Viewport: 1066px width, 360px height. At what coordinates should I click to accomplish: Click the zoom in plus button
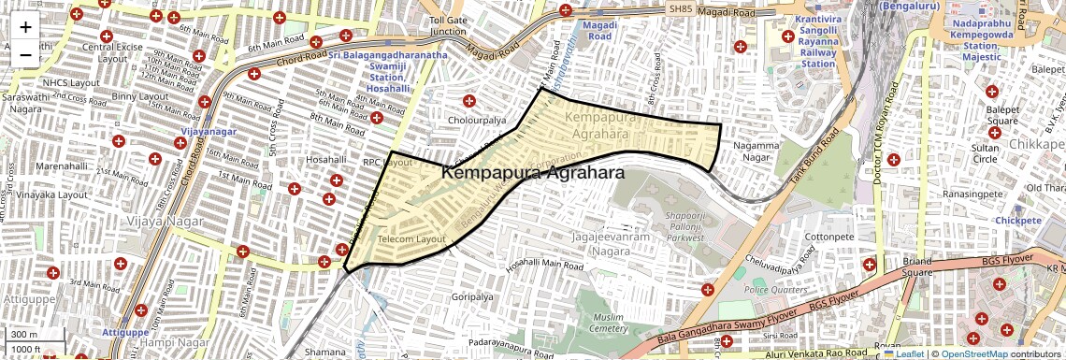tap(25, 27)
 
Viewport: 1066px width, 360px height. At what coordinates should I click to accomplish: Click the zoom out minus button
tap(25, 55)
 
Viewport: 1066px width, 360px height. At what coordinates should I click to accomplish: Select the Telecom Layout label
tap(411, 239)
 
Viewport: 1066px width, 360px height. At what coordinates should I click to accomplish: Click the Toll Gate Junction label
tap(448, 25)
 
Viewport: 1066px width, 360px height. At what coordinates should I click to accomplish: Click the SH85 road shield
tap(682, 8)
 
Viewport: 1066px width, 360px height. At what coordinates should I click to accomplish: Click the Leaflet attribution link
tap(904, 353)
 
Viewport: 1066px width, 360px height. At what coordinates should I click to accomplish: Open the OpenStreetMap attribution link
tap(974, 353)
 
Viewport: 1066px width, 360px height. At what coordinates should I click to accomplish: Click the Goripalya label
tap(471, 296)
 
